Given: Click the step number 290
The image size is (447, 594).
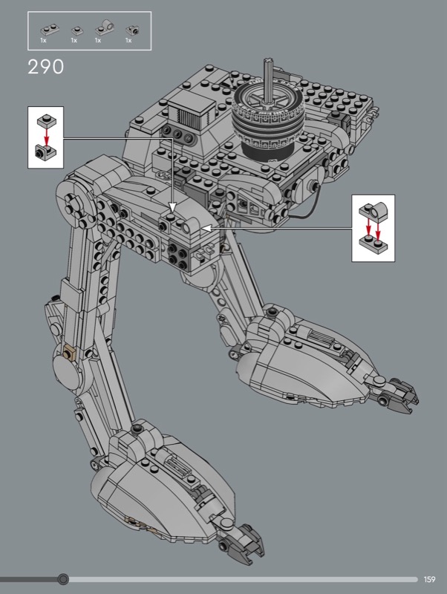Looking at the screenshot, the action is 46,67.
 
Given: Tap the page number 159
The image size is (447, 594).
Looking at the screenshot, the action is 430,579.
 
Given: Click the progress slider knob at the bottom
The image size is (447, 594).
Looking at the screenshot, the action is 63,579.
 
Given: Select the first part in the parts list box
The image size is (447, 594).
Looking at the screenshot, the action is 50,29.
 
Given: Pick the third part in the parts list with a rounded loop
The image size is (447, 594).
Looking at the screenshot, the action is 105,27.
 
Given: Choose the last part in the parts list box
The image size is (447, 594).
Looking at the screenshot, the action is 132,29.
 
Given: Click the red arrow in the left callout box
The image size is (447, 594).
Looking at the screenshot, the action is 46,137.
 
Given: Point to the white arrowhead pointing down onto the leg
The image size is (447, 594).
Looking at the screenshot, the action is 172,208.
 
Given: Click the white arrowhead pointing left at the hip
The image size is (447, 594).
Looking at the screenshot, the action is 206,229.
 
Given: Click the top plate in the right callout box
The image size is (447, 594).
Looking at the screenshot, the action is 373,211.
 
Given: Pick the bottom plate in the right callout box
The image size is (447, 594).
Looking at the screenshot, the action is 373,242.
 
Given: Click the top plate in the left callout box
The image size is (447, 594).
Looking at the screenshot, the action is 46,121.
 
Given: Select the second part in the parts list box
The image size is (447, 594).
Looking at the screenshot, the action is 77,30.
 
